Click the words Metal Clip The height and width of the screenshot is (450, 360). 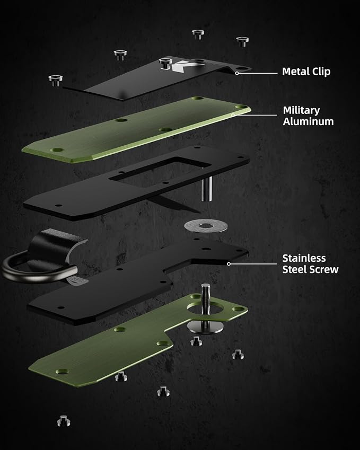click(x=306, y=72)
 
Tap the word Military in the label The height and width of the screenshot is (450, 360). click(x=301, y=110)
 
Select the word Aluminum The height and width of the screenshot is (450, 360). click(x=309, y=121)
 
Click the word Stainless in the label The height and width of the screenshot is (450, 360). click(x=304, y=258)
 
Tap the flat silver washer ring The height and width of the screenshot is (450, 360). click(x=206, y=226)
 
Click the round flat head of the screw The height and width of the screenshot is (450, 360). click(x=205, y=327)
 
